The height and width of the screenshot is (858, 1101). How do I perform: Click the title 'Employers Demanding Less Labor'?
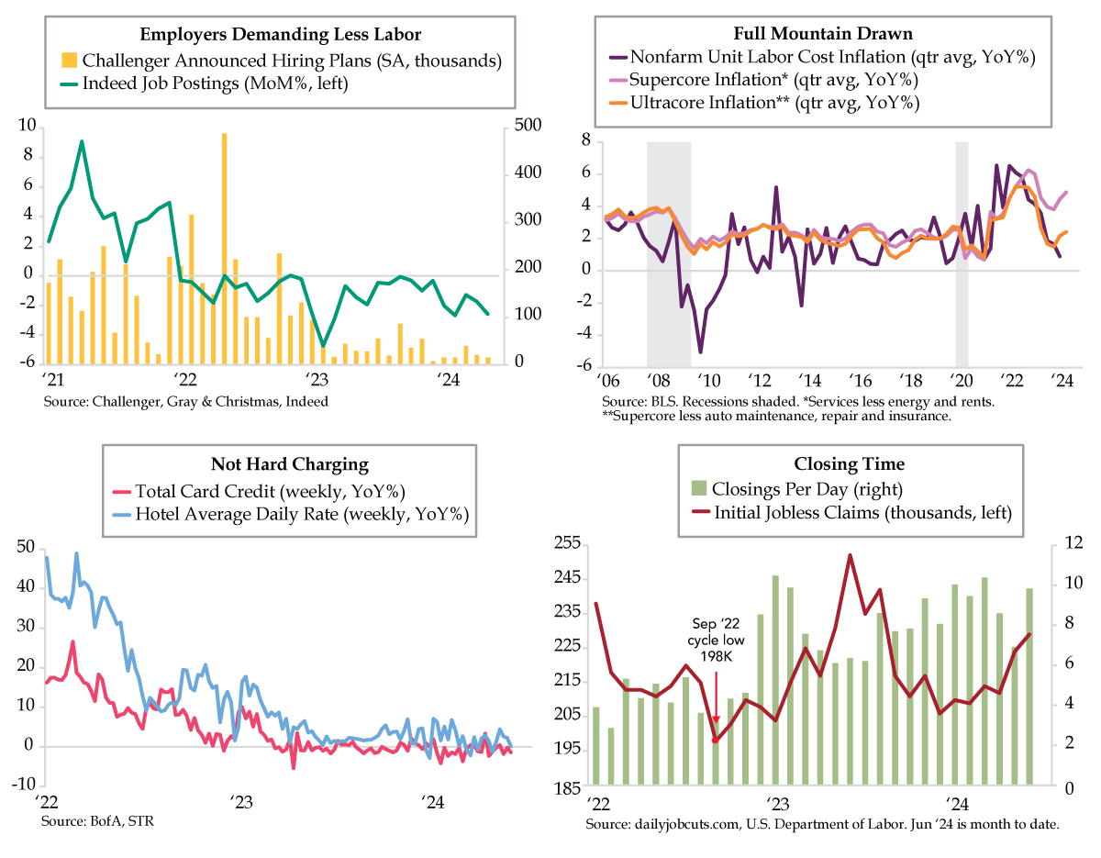coord(281,35)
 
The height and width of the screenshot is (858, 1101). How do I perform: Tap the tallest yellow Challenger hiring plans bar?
coord(224,248)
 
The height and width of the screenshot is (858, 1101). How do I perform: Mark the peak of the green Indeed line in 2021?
coord(82,142)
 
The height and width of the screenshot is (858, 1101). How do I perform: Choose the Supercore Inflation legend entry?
coord(775,81)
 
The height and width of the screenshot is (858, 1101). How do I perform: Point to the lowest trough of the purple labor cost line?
coord(700,351)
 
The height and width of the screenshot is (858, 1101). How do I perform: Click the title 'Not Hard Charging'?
coord(289,465)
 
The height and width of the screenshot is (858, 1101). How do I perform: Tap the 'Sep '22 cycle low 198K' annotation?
coord(714,640)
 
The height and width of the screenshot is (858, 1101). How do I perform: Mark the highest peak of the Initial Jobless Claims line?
coord(851,555)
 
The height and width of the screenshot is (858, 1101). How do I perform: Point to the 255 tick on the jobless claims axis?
coord(570,544)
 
